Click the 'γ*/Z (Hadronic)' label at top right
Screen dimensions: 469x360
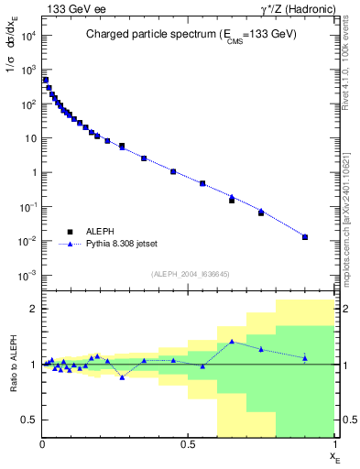(298, 9)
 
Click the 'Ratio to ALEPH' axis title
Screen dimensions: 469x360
(14, 364)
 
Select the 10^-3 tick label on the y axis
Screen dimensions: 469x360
(27, 276)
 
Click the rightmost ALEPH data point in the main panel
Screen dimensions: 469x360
(305, 237)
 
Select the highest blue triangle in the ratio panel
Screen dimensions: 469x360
(232, 342)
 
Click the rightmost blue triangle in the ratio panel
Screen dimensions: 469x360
(305, 357)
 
